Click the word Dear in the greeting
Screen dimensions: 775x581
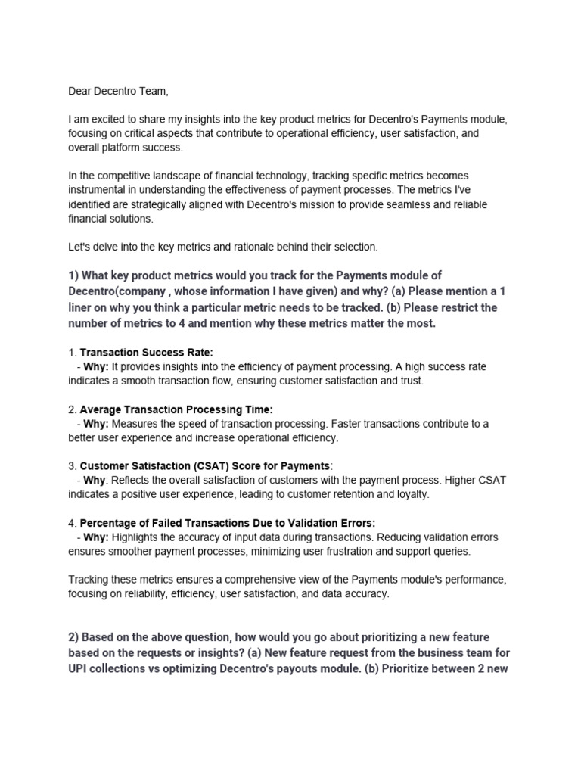[x=81, y=92]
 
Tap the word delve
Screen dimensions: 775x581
[x=104, y=247]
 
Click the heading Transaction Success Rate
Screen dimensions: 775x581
[x=147, y=352]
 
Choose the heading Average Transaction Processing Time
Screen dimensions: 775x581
[x=176, y=409]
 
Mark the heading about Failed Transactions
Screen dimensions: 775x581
[x=227, y=523]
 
